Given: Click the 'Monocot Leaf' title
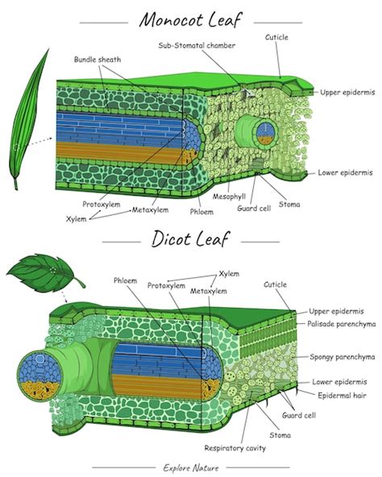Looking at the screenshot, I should (x=191, y=18).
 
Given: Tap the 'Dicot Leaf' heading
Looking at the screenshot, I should (x=191, y=238).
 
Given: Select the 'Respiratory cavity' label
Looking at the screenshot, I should (x=231, y=447).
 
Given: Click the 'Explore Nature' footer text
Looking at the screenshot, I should (x=190, y=467).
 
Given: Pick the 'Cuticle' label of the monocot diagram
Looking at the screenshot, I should (x=276, y=37).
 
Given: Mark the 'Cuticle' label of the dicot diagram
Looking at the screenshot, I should (x=275, y=284).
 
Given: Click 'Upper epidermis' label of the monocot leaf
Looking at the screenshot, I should (x=346, y=93).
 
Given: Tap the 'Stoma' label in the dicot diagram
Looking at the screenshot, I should (x=280, y=435).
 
